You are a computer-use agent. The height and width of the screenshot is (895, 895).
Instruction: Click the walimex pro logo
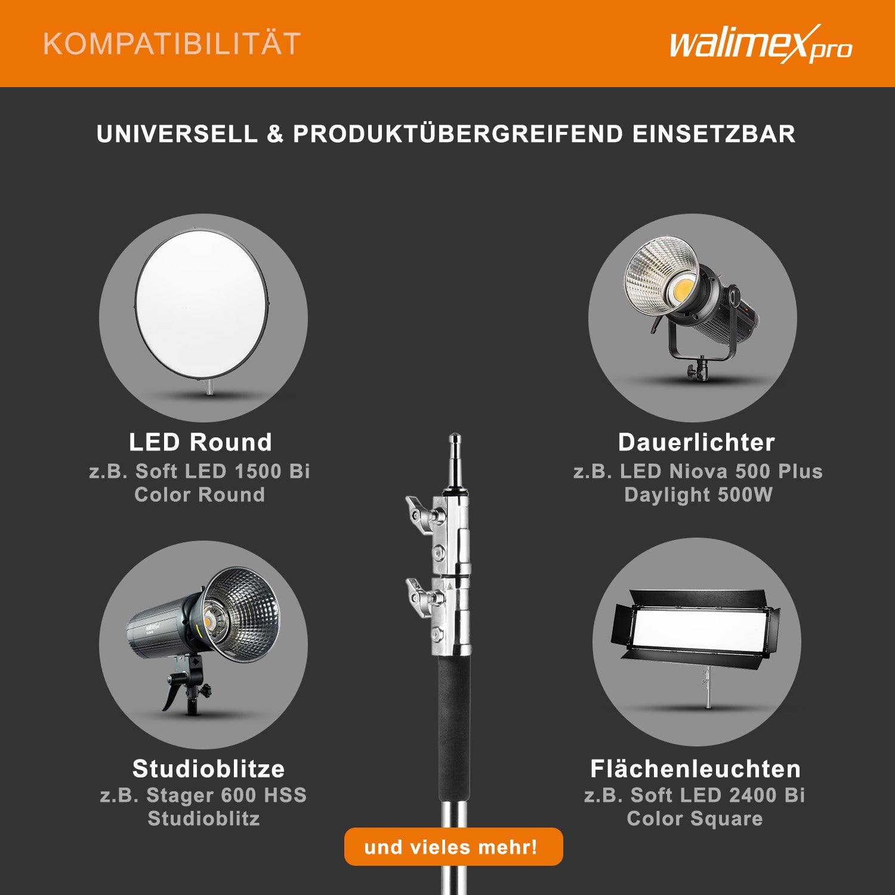[x=761, y=44]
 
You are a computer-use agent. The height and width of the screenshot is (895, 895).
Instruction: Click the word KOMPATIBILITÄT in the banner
[x=172, y=44]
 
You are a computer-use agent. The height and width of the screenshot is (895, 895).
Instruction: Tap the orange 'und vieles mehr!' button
[x=453, y=846]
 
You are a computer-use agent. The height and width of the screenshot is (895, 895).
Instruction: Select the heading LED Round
[x=200, y=442]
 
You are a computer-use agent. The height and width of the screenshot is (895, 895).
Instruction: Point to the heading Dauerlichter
[x=696, y=442]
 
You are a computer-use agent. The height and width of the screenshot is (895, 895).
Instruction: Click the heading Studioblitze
[x=208, y=769]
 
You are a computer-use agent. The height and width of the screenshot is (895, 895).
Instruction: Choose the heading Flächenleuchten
[x=695, y=769]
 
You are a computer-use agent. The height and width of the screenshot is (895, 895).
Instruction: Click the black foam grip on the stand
[x=454, y=729]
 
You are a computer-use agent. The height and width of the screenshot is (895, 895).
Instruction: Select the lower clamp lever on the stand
[x=419, y=593]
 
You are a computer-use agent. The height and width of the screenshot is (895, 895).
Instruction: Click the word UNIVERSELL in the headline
[x=177, y=134]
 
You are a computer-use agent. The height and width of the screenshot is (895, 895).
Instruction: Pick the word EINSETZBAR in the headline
[x=714, y=134]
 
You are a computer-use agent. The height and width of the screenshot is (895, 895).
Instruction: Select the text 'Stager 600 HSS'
[x=227, y=795]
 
